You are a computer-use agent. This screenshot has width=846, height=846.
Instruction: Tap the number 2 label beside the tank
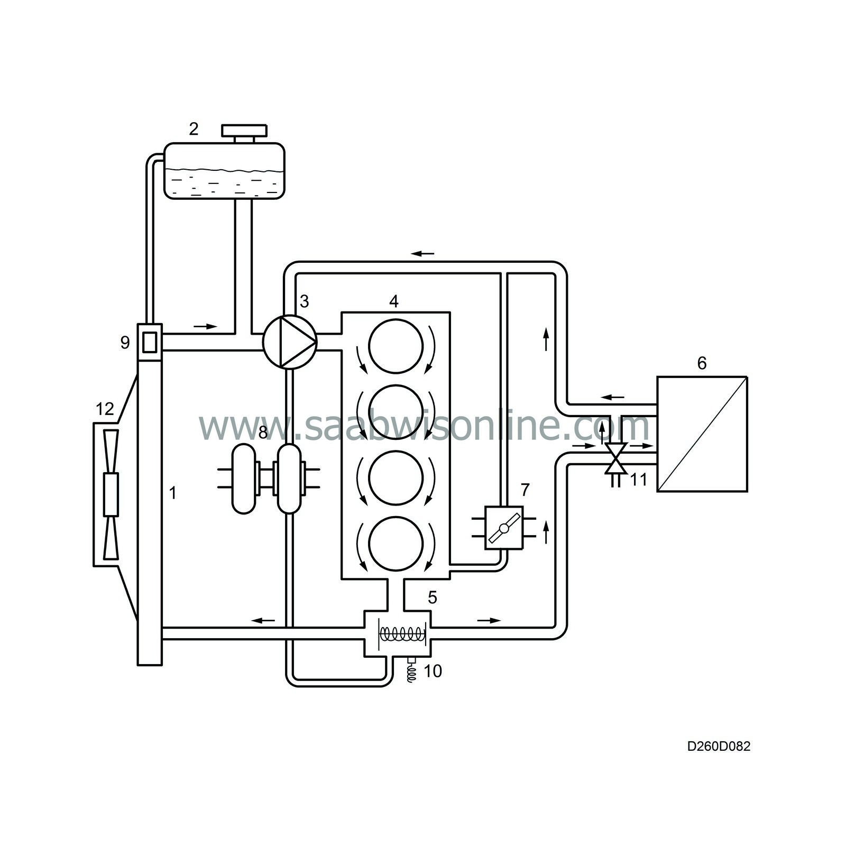194,128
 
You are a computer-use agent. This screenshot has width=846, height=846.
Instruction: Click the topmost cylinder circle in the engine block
396,347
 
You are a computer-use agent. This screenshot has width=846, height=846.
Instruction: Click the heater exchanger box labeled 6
702,434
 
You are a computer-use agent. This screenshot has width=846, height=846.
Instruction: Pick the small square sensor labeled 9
150,341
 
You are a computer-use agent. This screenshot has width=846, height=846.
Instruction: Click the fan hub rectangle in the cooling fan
112,494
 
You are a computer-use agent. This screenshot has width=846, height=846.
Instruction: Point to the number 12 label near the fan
105,409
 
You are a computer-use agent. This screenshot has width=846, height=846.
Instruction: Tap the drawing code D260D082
719,746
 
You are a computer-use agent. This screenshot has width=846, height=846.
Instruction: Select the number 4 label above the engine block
393,301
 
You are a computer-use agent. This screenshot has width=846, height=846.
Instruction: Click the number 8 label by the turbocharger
263,433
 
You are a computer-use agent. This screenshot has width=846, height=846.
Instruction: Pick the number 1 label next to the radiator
172,493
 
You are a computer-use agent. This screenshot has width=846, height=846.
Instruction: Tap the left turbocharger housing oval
244,479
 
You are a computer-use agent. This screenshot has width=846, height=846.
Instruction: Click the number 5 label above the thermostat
433,598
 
